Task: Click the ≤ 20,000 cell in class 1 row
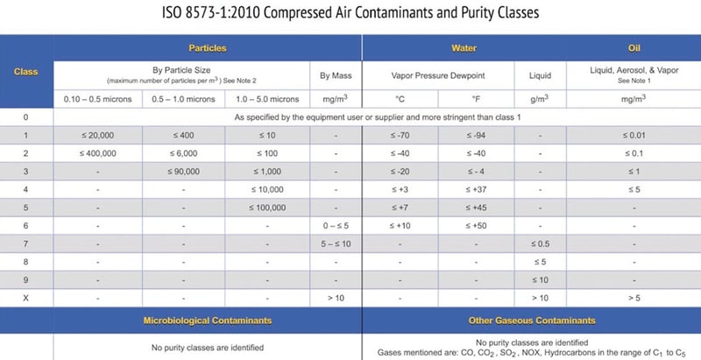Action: tap(97, 135)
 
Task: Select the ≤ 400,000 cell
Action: tap(97, 153)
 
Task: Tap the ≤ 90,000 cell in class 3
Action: tap(183, 171)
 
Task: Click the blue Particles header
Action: tap(208, 47)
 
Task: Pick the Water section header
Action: tap(464, 47)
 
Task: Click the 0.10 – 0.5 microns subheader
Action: tap(97, 98)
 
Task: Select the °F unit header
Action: tap(476, 98)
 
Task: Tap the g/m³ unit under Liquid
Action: tap(541, 98)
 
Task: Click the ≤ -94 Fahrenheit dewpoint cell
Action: tap(476, 135)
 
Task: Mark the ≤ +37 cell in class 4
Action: tap(476, 189)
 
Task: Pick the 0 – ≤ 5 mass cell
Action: tap(336, 225)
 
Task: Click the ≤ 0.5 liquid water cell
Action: tap(541, 243)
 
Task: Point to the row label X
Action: tap(27, 297)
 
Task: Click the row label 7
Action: tap(27, 243)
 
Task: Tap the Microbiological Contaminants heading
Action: tap(208, 321)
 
